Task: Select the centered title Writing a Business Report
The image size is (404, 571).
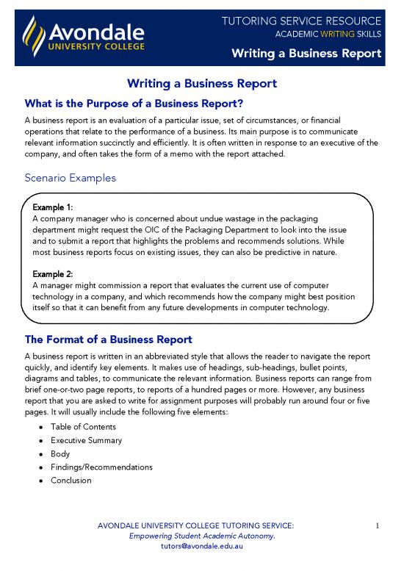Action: pos(202,84)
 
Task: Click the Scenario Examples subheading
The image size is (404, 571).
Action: pos(68,177)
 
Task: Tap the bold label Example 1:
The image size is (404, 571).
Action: pos(52,208)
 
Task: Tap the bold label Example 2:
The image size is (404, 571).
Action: pos(52,273)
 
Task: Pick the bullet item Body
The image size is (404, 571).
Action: pos(60,453)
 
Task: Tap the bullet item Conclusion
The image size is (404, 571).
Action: pos(71,480)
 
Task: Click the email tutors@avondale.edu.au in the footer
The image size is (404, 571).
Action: pos(201,547)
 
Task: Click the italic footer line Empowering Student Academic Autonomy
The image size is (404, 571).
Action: pos(201,536)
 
